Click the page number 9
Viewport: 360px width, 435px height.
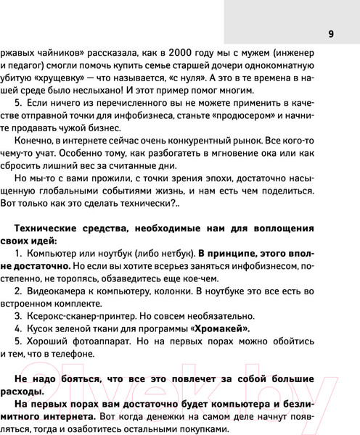330,33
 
